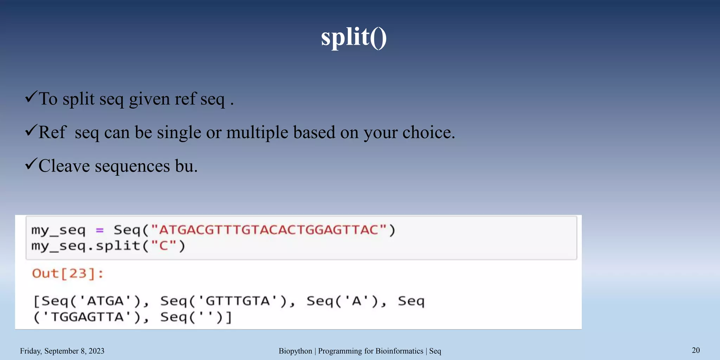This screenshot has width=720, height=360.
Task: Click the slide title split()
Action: (354, 37)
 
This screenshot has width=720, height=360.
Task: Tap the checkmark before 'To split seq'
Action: (31, 97)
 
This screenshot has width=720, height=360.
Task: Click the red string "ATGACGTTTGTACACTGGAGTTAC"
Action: (269, 230)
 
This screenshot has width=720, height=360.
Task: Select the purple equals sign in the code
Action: (99, 230)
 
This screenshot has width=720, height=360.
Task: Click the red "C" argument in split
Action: (163, 246)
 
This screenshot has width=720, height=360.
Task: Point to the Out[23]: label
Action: (68, 274)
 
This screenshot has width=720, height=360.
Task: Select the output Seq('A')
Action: (346, 301)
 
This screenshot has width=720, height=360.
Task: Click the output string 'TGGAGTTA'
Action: (88, 317)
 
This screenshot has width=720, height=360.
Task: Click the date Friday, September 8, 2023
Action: (62, 351)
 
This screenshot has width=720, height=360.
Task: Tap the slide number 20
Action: (696, 350)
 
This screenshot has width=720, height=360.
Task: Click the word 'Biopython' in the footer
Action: (295, 351)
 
